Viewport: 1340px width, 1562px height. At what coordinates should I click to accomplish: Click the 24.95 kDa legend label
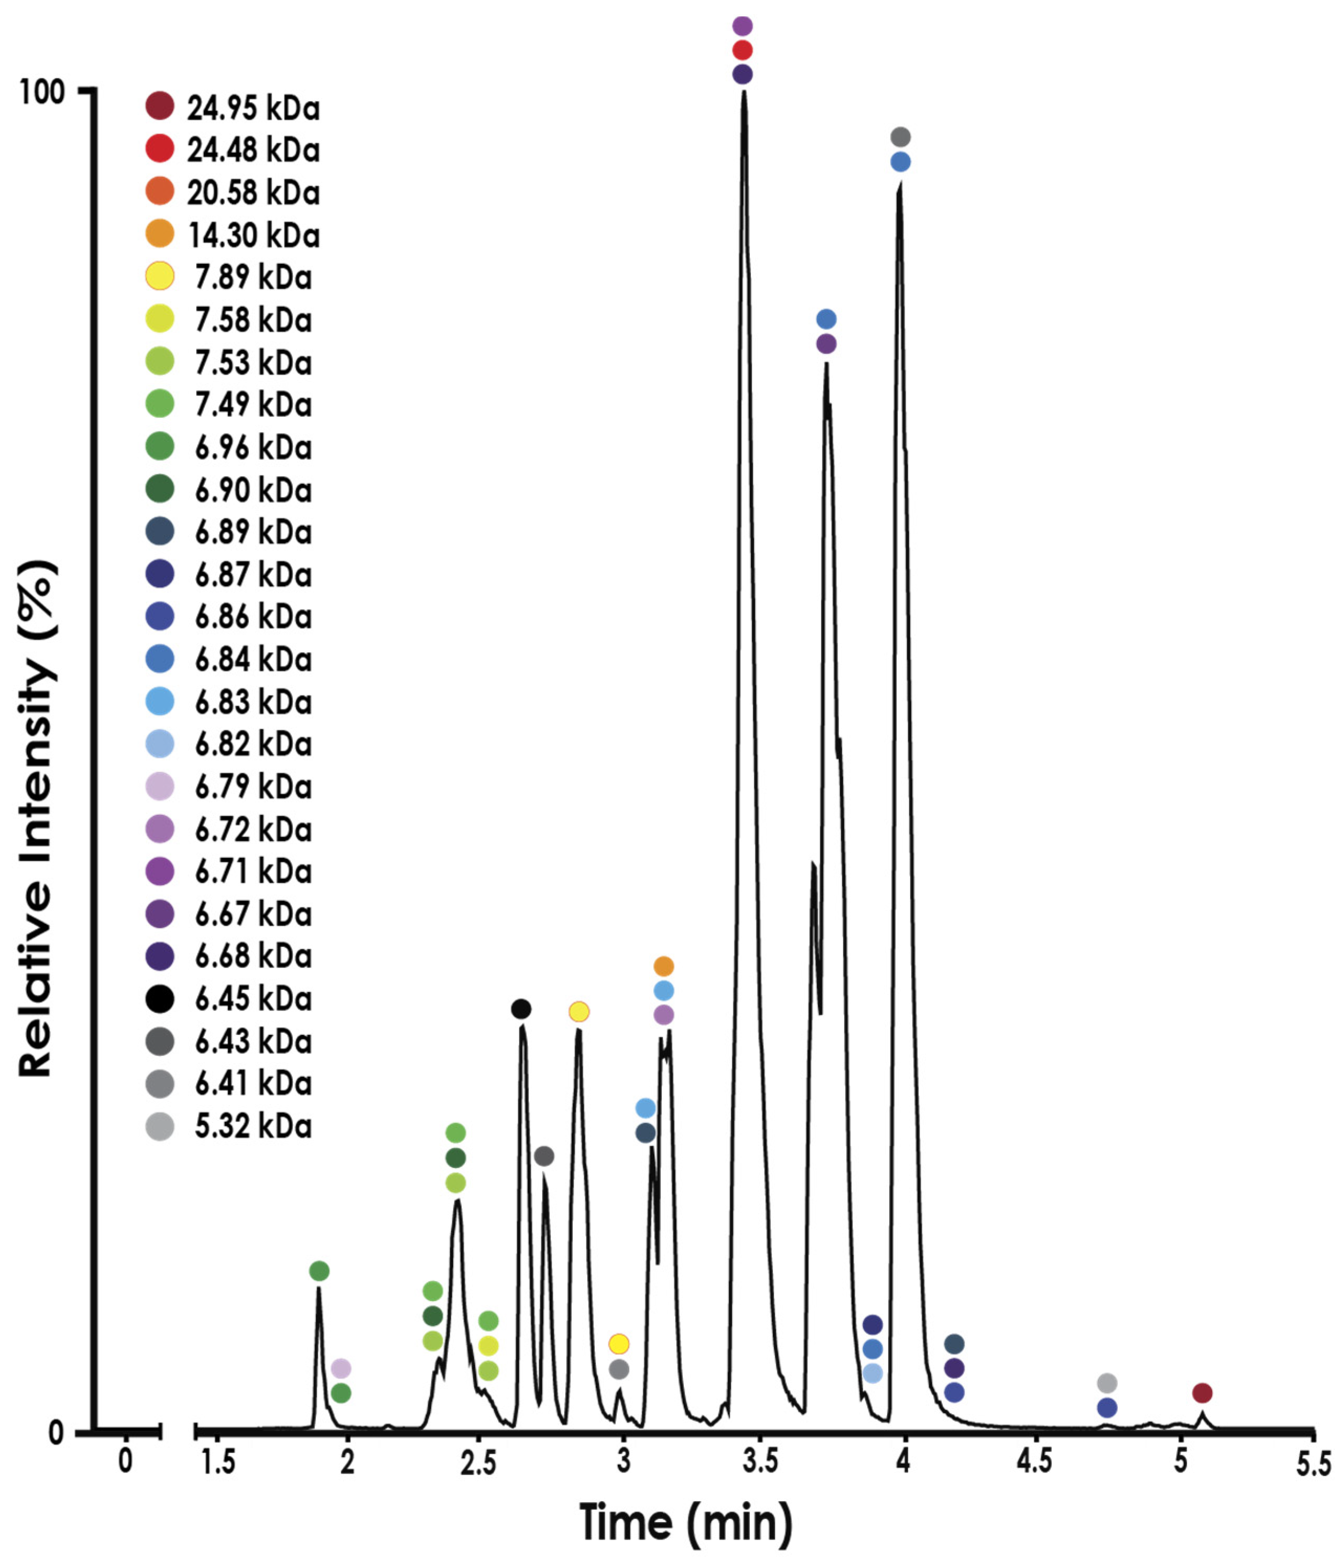(x=253, y=108)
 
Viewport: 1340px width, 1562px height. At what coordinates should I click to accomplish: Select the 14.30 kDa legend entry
(x=253, y=235)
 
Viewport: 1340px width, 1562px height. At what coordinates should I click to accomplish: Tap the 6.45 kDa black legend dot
(x=160, y=999)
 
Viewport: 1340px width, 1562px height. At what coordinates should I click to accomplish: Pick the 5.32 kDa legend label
(x=253, y=1126)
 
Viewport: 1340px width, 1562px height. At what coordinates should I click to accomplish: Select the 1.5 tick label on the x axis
(x=218, y=1462)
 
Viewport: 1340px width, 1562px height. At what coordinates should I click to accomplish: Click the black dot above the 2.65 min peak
(x=521, y=1009)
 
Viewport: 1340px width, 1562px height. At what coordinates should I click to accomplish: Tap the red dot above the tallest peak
(x=742, y=50)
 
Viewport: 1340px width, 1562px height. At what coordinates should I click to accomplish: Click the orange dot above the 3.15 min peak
(x=663, y=966)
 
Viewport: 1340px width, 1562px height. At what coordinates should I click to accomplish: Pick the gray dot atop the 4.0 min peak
(x=900, y=137)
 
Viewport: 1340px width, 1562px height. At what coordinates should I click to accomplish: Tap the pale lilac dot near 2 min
(x=341, y=1368)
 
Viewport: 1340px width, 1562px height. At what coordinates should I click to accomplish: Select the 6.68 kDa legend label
(x=253, y=956)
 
